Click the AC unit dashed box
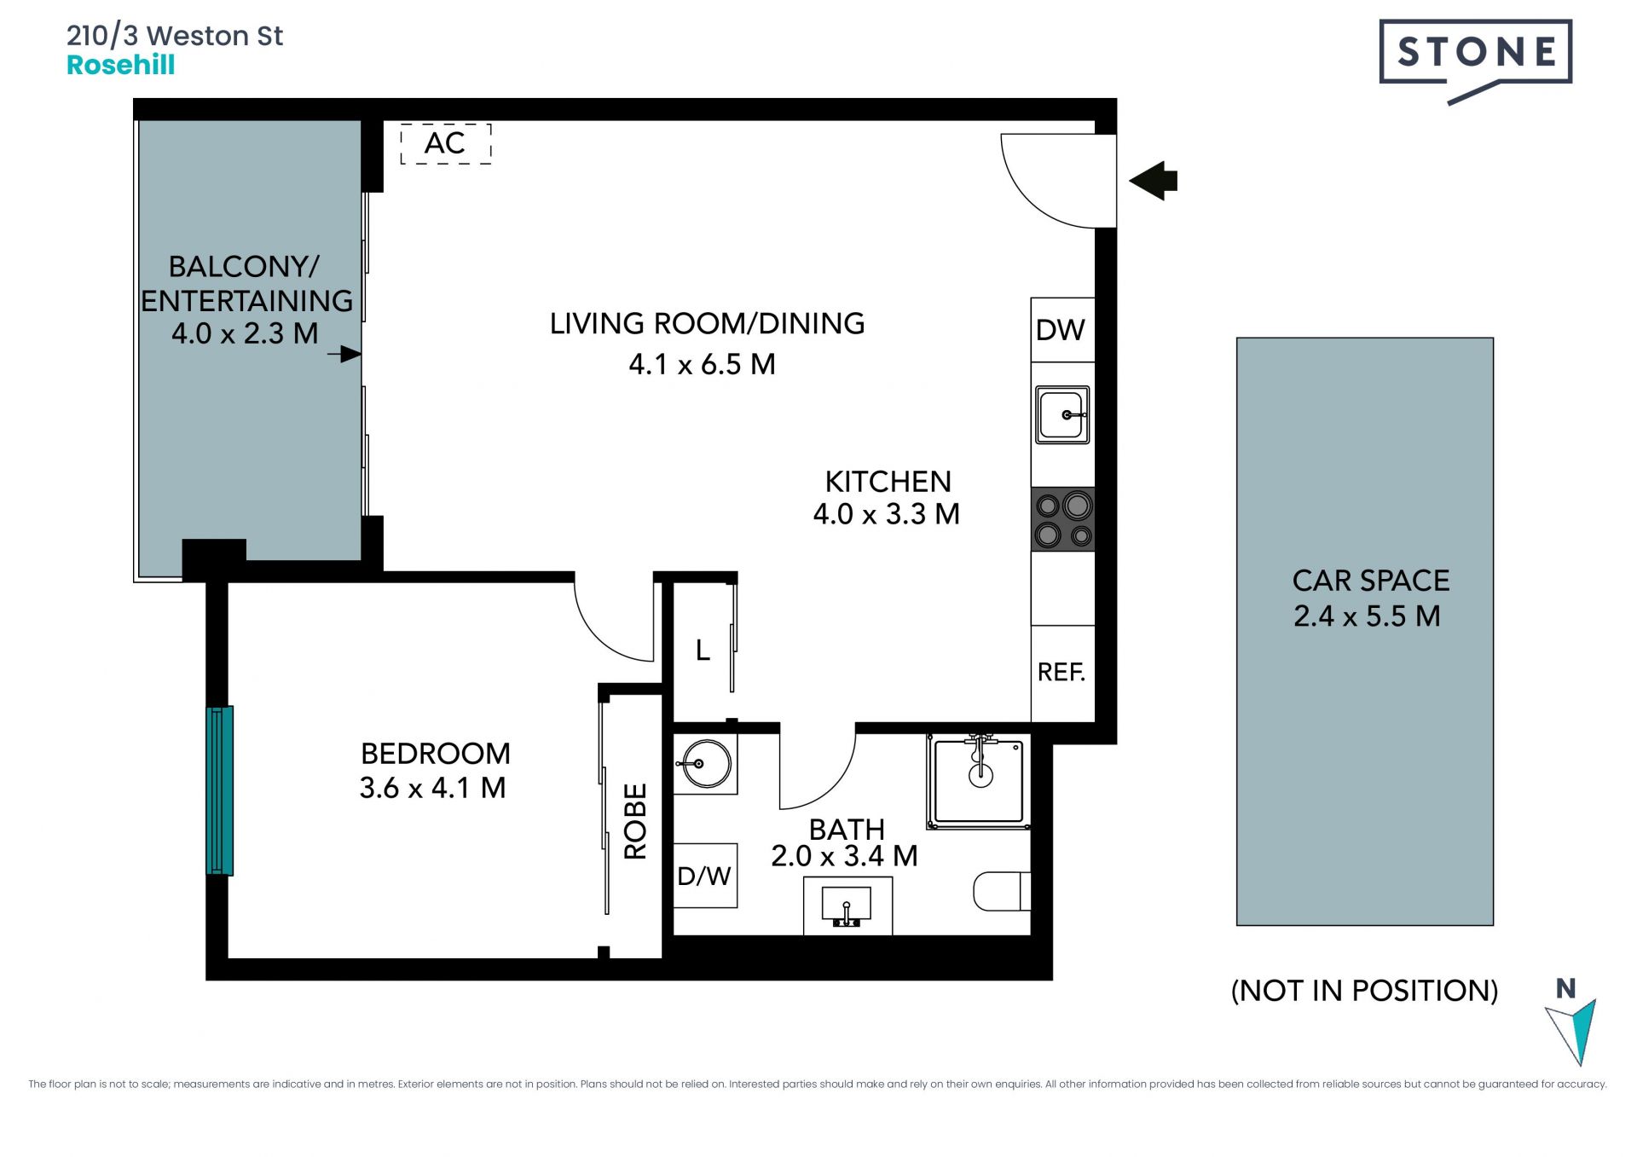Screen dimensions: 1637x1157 point(446,143)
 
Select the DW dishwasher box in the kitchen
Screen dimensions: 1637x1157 point(1062,330)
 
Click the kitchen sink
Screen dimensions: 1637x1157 point(1062,415)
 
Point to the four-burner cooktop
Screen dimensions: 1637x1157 point(1063,519)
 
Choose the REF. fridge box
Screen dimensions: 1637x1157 point(1062,673)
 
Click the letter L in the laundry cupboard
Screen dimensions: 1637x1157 point(703,651)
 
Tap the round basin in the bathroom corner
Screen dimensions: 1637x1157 point(705,764)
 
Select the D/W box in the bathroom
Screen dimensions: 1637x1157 point(705,876)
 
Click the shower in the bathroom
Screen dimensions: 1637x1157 point(979,781)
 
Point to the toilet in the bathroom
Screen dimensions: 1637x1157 point(1003,891)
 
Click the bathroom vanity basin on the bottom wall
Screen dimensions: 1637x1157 point(847,906)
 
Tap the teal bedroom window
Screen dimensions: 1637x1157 point(220,790)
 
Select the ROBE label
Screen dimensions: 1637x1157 point(636,821)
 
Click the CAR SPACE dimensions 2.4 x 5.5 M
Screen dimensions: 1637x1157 point(1367,616)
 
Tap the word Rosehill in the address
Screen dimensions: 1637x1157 point(121,66)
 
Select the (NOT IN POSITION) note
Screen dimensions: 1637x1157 point(1364,991)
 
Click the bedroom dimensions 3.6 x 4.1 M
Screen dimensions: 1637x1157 point(433,788)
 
